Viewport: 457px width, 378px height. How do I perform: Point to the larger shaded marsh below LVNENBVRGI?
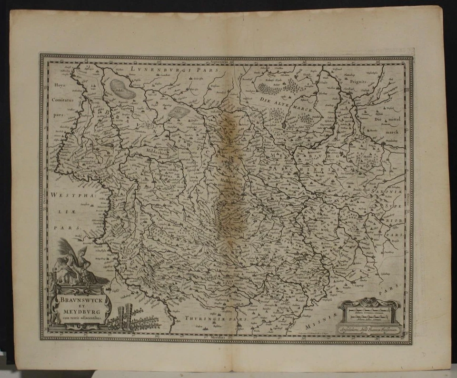123,88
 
